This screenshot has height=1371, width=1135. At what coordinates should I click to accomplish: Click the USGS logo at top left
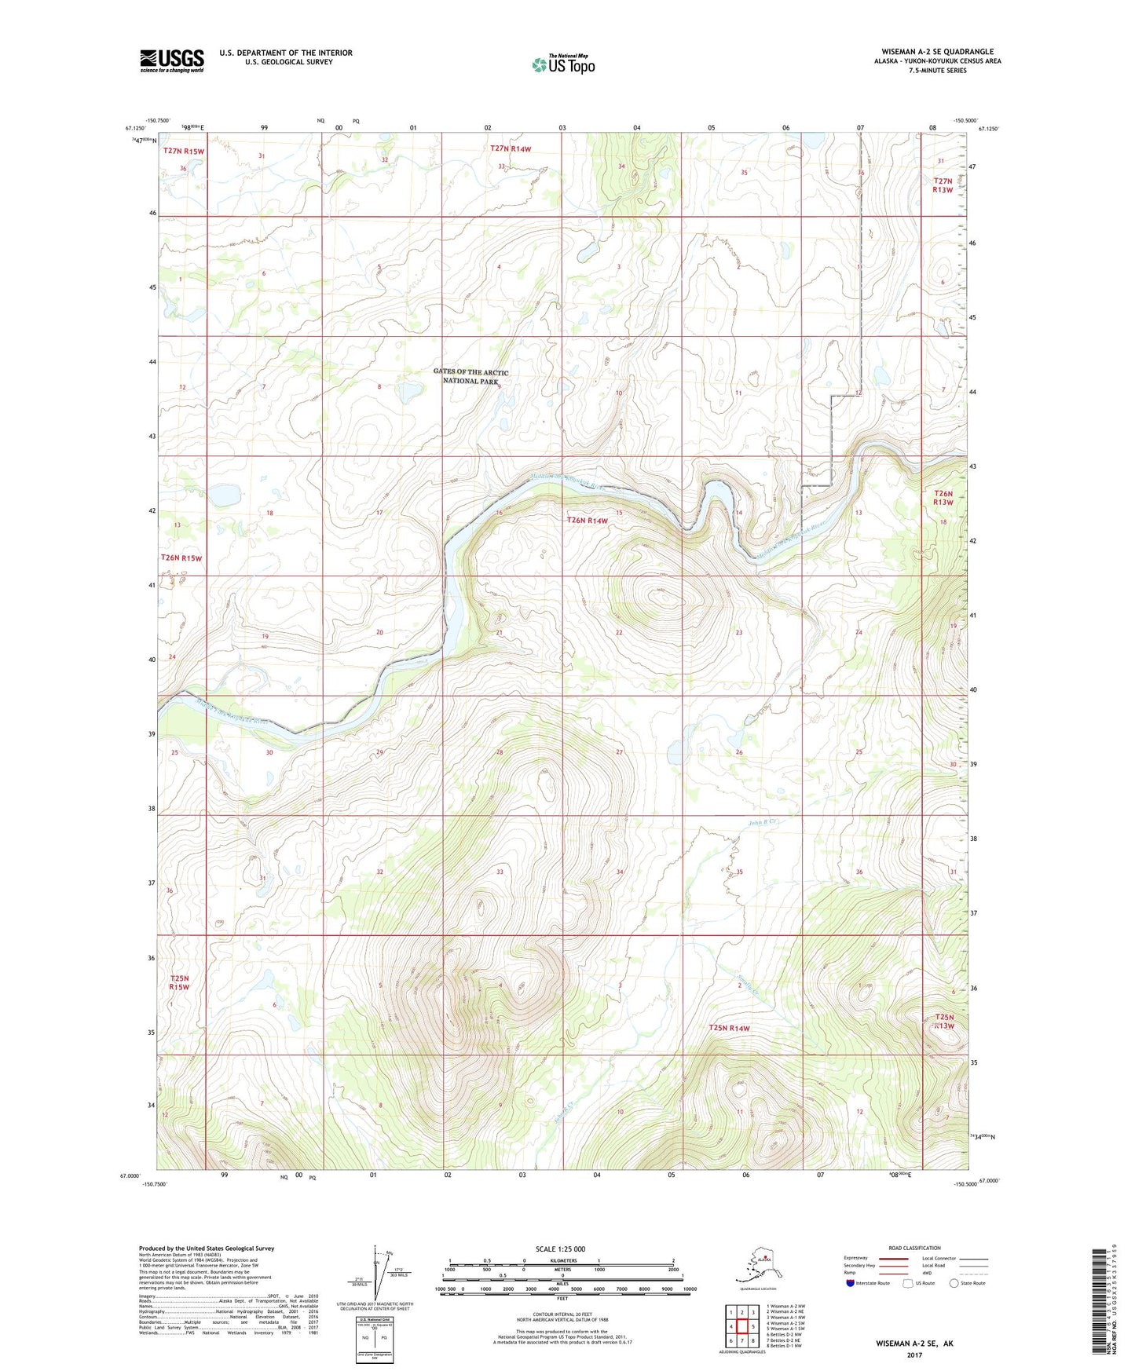[x=171, y=60]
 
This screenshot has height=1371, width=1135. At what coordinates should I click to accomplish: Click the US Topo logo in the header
[x=563, y=64]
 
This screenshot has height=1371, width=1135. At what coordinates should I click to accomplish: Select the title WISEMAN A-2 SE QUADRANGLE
[x=937, y=52]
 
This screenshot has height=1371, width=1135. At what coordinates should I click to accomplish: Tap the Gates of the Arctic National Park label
[x=470, y=376]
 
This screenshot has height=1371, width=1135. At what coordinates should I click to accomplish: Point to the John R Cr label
[x=761, y=823]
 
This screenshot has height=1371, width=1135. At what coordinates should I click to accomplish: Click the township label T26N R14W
[x=588, y=521]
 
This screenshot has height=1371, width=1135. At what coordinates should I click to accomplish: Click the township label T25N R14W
[x=729, y=1028]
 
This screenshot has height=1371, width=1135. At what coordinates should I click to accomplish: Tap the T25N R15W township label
[x=180, y=982]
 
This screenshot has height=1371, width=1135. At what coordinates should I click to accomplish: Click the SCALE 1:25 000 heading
[x=560, y=1249]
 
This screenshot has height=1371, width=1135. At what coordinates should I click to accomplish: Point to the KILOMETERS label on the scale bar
[x=561, y=1260]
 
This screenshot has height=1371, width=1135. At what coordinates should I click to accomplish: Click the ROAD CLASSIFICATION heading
[x=914, y=1248]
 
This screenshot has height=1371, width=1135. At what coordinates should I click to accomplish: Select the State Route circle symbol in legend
[x=954, y=1283]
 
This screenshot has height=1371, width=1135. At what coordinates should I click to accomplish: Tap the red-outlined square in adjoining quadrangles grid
[x=741, y=1325]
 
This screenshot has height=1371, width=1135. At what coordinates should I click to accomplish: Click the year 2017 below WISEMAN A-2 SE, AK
[x=914, y=1355]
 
